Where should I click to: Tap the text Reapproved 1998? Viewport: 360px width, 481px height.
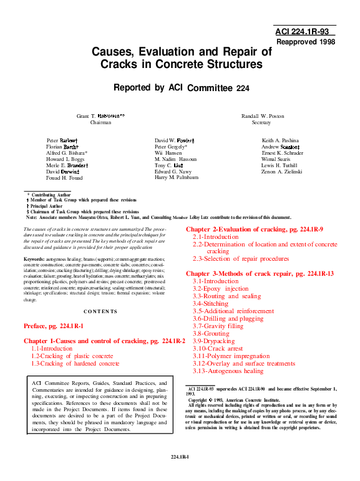point(305,42)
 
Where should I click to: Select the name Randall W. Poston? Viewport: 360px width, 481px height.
point(261,116)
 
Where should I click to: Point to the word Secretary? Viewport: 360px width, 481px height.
point(261,123)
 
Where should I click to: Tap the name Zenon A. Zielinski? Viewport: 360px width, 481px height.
point(281,172)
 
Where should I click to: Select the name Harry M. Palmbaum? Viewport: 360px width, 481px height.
point(177,178)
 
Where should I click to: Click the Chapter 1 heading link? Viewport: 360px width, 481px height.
point(105,341)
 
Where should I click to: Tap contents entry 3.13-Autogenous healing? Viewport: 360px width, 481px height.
point(228,371)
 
